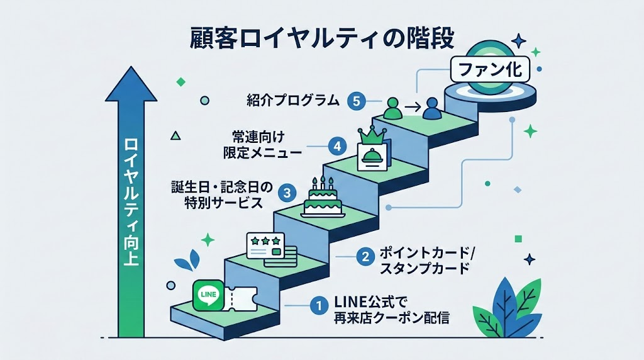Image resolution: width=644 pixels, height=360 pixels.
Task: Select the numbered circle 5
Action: (x=356, y=100)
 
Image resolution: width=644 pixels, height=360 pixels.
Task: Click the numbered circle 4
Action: (x=338, y=146)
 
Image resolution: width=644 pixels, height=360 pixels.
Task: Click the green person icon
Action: (x=393, y=109)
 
